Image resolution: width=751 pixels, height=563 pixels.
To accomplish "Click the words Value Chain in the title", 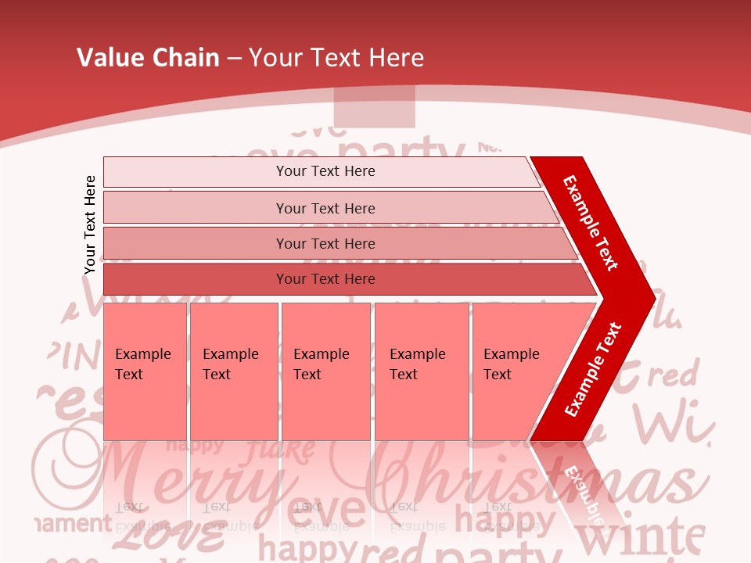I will (x=148, y=57).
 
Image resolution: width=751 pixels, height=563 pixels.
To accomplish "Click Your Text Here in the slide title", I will (x=336, y=57).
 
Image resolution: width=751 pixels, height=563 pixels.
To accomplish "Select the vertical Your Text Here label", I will (x=90, y=224).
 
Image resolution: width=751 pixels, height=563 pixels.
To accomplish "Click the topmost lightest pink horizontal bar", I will (x=325, y=171).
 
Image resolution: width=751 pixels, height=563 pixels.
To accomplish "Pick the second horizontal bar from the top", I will (x=325, y=208).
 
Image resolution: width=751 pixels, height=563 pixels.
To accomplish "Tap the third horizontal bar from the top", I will (x=325, y=243).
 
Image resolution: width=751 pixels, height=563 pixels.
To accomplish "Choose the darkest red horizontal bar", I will (x=325, y=279).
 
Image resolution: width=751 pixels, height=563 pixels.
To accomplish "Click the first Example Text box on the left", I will (x=145, y=371).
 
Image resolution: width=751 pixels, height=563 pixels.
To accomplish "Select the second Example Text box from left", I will (x=233, y=371).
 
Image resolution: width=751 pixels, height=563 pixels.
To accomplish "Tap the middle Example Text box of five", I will (x=325, y=371).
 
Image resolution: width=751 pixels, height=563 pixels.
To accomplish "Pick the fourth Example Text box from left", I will (x=421, y=371).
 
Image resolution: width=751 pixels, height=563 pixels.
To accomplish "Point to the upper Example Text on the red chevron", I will (x=591, y=223).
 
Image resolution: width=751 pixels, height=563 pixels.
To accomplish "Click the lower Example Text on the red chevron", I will (x=593, y=369).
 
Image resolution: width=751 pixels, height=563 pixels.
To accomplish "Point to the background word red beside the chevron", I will (x=674, y=376).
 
